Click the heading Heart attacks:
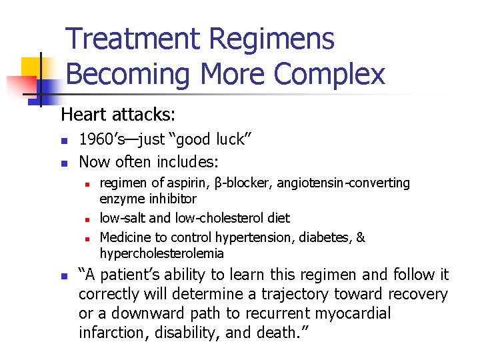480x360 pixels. coord(118,115)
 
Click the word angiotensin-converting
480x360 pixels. coord(343,183)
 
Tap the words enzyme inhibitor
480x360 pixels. coord(148,199)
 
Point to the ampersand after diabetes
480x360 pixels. coord(361,238)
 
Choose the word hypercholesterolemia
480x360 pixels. coord(162,254)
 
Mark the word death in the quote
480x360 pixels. coord(279,333)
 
